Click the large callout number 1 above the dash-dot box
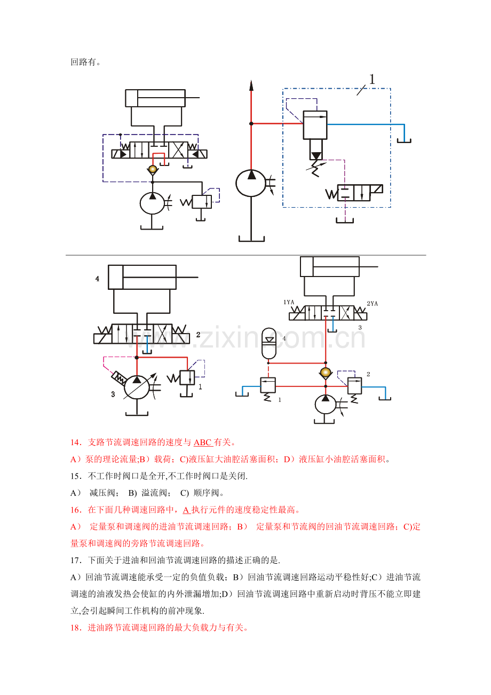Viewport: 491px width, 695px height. tap(372, 80)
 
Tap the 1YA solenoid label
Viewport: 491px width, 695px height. tap(289, 302)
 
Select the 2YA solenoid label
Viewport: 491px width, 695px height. tap(372, 304)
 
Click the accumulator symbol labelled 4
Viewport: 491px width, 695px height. tap(270, 343)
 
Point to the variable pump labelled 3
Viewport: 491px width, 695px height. tap(137, 386)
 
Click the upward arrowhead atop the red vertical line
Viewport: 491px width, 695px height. tap(251, 86)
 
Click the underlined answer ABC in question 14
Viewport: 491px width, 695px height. tap(203, 442)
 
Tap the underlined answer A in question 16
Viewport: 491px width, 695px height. tap(186, 510)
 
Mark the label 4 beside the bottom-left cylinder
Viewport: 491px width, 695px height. tap(97, 279)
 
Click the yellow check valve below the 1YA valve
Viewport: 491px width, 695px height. tap(325, 372)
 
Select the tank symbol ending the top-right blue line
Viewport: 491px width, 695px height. tap(404, 141)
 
